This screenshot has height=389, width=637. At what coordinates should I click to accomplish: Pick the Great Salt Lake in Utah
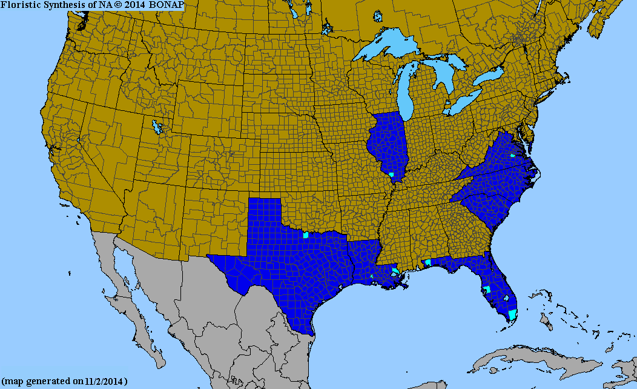pyautogui.click(x=158, y=128)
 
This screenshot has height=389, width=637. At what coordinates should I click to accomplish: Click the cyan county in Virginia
pyautogui.click(x=512, y=156)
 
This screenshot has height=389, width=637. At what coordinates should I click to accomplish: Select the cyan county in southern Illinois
pyautogui.click(x=392, y=175)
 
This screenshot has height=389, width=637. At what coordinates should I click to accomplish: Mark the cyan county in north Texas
pyautogui.click(x=306, y=234)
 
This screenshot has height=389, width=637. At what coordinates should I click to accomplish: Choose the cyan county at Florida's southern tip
pyautogui.click(x=512, y=314)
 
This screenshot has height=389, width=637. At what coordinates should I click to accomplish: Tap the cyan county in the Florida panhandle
pyautogui.click(x=428, y=262)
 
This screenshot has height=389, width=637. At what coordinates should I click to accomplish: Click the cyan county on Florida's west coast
pyautogui.click(x=487, y=289)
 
